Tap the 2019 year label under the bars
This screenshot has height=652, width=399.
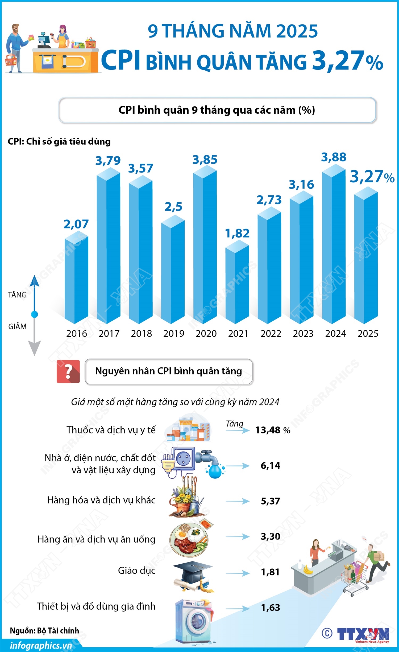pos(174,334)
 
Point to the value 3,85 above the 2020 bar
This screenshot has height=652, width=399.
pos(205,160)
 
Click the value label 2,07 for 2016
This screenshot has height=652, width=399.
pos(76,224)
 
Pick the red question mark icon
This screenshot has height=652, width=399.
pos(68,371)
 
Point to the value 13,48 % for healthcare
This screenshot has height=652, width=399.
pos(272,430)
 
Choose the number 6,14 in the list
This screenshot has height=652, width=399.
pos(270,466)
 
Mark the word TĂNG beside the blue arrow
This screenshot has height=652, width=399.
pos(17,295)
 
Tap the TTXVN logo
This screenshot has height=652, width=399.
pos(363,634)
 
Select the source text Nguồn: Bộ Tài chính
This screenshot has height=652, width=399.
pos(44,631)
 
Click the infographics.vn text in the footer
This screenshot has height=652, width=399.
pos(41,646)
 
